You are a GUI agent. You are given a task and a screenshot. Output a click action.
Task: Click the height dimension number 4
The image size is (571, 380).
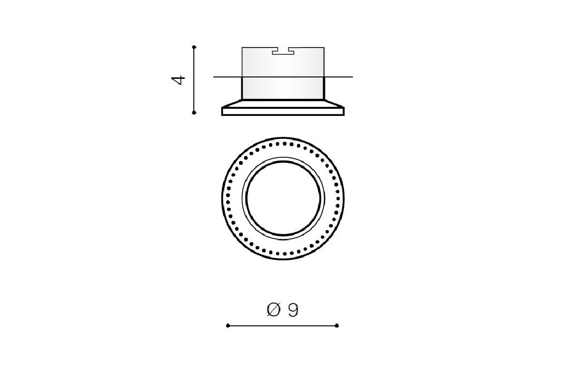(x=178, y=80)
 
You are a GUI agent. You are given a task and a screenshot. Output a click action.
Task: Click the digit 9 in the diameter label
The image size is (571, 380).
(x=293, y=310)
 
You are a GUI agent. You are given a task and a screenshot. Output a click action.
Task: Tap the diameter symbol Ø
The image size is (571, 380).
(x=274, y=310)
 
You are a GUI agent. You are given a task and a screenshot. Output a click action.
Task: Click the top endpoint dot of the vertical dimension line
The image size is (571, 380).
(x=194, y=47)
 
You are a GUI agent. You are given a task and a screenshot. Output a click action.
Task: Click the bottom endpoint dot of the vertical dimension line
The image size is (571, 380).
(x=194, y=113)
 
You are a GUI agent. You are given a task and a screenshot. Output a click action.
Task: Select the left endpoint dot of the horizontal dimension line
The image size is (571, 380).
(x=228, y=325)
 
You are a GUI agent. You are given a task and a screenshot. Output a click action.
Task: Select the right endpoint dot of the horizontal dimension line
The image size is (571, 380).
(x=337, y=325)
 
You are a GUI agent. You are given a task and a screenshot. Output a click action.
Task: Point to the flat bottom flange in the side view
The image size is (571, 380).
(x=283, y=111)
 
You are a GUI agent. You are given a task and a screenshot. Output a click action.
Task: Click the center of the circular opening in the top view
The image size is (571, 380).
(x=283, y=198)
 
